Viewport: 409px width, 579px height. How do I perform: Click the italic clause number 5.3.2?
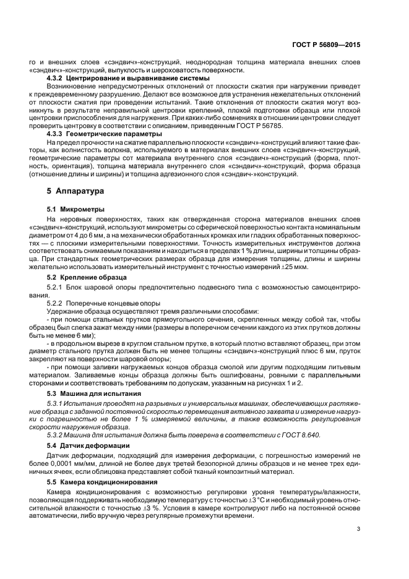(x=57, y=435)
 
